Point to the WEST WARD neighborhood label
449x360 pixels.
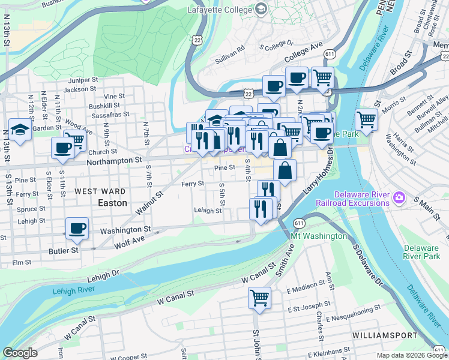pos(100,191)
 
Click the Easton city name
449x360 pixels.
pos(112,203)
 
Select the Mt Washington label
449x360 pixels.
pos(319,236)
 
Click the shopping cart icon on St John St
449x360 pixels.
pos(259,298)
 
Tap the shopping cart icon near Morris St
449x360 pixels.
pos(366,119)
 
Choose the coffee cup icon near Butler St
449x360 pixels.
pos(77,228)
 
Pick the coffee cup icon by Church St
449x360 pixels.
pos(62,148)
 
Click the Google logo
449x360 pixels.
pos(20,353)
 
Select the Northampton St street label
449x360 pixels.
pos(114,161)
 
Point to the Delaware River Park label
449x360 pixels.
pos(421,252)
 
